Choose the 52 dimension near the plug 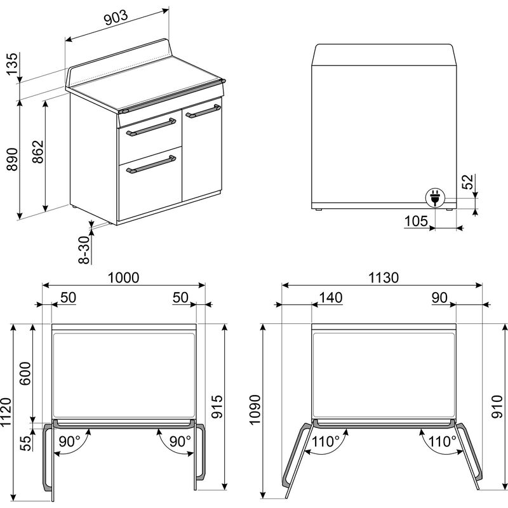(x=485, y=182)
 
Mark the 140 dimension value (x=330, y=297)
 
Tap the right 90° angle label (x=180, y=441)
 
